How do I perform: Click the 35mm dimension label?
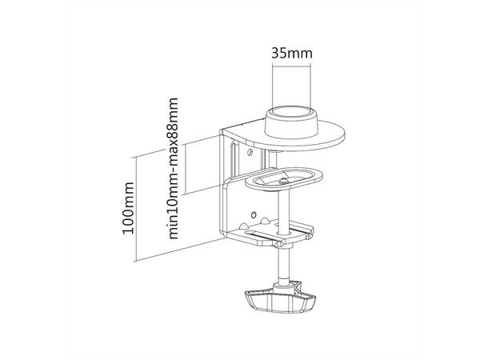292,54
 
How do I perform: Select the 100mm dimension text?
128,208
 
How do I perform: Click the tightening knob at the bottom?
281,300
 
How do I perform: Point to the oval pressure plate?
284,179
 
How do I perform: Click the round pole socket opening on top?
291,112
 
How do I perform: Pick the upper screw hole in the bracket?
249,152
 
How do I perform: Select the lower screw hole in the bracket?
254,214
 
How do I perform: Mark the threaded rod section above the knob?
284,264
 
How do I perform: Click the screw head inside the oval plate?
283,181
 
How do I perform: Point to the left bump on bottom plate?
244,225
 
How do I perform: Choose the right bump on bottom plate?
264,221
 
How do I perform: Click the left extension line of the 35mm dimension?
272,85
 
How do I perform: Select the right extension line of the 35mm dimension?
310,85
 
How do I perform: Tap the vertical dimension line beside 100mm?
136,209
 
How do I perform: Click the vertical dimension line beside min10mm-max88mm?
185,168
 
